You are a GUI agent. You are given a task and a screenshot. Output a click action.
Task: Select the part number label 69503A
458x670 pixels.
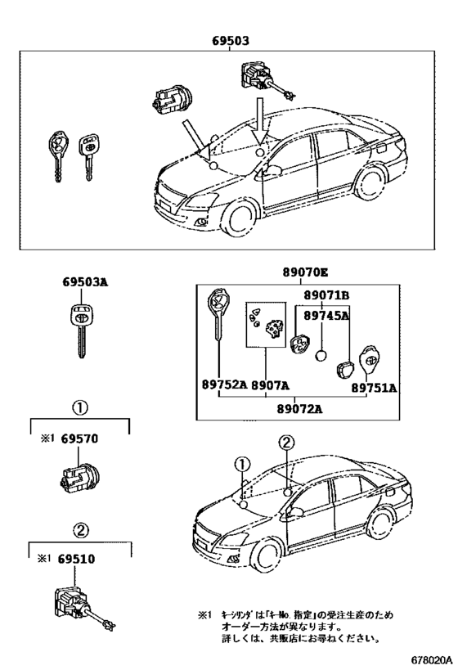(x=84, y=283)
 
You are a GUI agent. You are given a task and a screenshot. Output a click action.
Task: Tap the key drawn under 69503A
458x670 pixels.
(x=82, y=327)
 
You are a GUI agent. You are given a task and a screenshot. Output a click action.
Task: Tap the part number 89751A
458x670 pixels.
(x=375, y=389)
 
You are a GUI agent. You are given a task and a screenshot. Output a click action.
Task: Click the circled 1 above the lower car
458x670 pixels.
(x=241, y=465)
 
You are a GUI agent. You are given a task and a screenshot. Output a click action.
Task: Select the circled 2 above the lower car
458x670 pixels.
(x=285, y=443)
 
